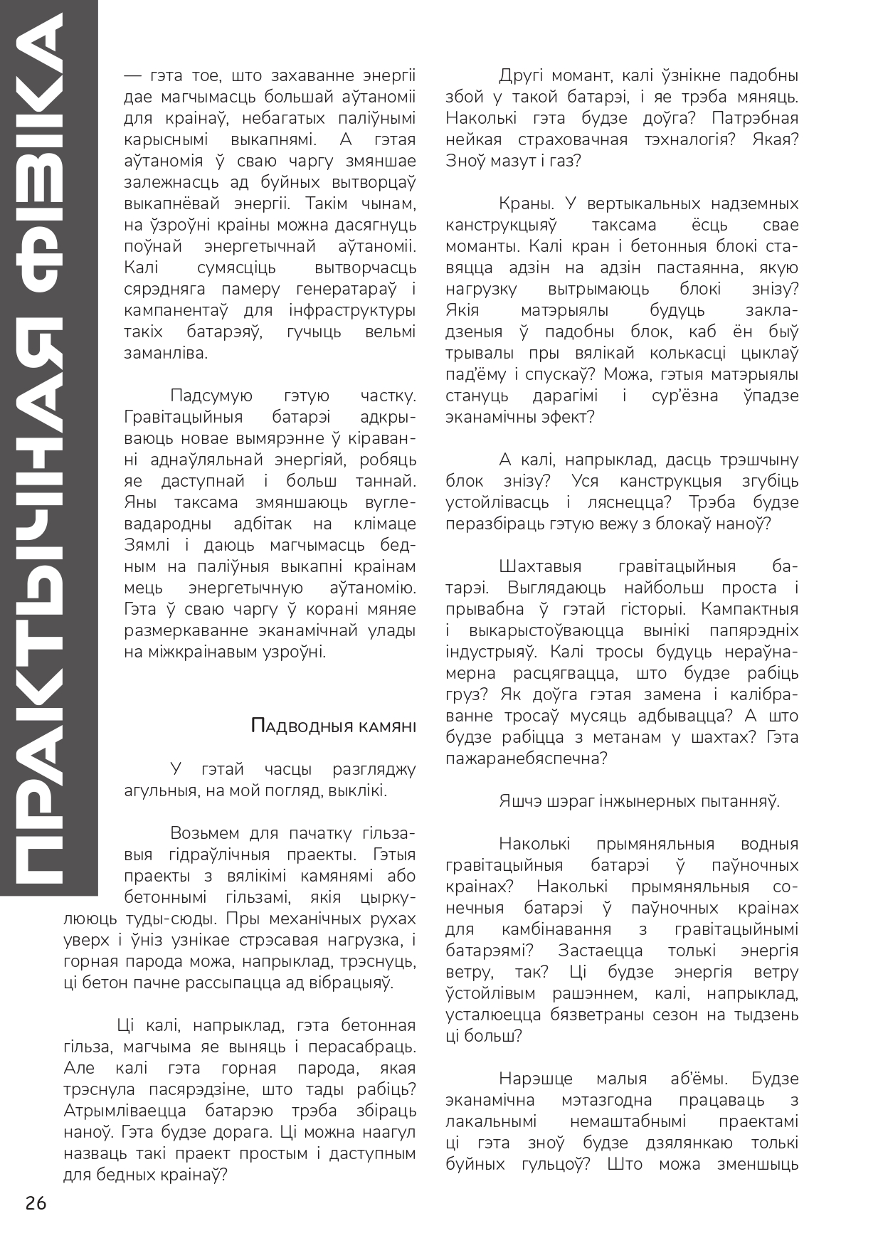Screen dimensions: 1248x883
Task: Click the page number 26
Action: [x=36, y=1203]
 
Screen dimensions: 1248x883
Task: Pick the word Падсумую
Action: [x=211, y=396]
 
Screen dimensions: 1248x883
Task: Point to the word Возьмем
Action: [x=205, y=833]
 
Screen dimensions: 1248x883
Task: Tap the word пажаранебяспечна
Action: [x=527, y=759]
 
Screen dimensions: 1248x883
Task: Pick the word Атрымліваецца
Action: [x=125, y=1111]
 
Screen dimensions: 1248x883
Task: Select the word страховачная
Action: [x=565, y=140]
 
